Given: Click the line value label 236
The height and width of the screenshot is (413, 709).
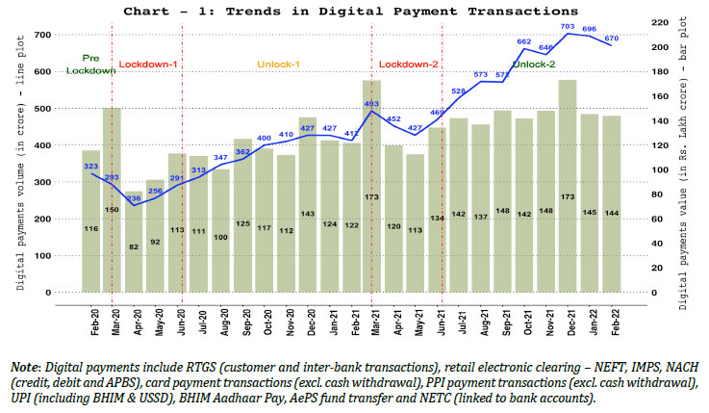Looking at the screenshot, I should pyautogui.click(x=134, y=197).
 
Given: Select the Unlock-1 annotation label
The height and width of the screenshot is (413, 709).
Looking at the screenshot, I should pyautogui.click(x=279, y=65).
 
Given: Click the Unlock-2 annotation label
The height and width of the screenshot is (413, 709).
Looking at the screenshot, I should pyautogui.click(x=535, y=65).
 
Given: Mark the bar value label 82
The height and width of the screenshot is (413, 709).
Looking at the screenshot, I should pyautogui.click(x=134, y=247).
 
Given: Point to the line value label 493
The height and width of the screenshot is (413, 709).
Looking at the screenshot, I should pyautogui.click(x=371, y=103).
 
